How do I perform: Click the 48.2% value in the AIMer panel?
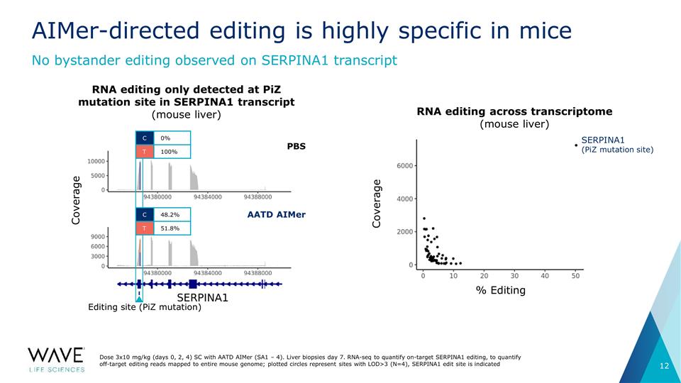[x=170, y=214]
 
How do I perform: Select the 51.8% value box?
[x=172, y=228]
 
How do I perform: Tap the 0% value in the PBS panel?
[x=165, y=138]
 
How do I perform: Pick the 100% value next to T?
[x=169, y=152]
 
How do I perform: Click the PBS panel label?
[x=297, y=146]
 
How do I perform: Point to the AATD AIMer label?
[x=276, y=214]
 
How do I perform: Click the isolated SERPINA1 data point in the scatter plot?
[x=576, y=145]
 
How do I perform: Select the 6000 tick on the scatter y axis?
[x=405, y=166]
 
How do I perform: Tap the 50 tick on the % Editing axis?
[x=575, y=276]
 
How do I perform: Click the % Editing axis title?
[x=501, y=290]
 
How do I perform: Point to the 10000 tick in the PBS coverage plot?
[x=96, y=162]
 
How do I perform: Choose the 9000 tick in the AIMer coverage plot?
[x=98, y=237]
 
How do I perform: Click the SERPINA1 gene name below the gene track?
[x=202, y=298]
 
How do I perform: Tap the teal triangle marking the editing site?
[x=139, y=299]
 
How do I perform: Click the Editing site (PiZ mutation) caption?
[x=145, y=307]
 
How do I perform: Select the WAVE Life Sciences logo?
[x=57, y=360]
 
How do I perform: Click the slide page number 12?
[x=665, y=366]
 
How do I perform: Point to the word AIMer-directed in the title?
[x=116, y=30]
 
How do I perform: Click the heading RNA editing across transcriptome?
[x=515, y=111]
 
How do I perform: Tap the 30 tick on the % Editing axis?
[x=515, y=276]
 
